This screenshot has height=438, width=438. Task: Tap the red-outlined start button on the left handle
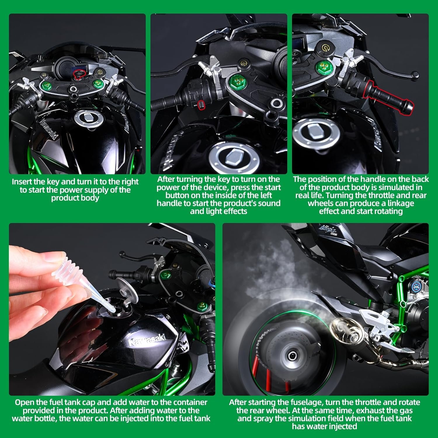coord(201,105)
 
